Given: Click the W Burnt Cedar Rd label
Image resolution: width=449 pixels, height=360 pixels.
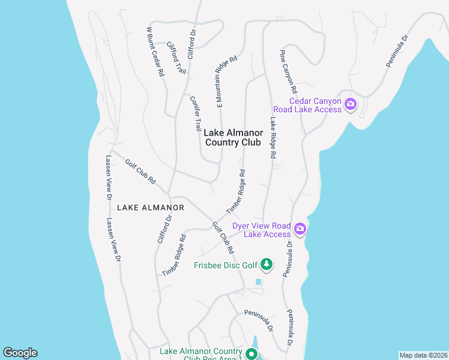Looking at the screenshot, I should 155,51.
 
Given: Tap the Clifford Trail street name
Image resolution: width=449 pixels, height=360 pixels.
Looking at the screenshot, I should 176,58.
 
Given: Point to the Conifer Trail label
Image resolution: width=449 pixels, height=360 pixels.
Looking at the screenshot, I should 195,114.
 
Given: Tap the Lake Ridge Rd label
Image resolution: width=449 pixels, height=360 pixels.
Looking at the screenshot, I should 273,137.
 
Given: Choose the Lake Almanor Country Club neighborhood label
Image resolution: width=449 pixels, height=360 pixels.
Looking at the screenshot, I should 233,137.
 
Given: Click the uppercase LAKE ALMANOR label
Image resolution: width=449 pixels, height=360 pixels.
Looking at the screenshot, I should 150,208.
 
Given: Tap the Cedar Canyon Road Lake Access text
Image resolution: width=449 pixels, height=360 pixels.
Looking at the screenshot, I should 307,105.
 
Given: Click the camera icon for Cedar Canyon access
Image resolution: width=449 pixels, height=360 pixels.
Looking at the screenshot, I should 351,105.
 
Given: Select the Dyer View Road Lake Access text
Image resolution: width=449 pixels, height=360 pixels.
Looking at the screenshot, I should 262,230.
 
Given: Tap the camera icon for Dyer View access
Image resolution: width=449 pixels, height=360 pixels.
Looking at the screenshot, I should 300,229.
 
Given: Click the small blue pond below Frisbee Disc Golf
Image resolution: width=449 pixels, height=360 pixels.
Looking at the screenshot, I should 259,281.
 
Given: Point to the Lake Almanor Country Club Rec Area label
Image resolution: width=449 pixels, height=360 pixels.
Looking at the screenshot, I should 201,355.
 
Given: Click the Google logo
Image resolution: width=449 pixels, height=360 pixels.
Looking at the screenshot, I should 20,353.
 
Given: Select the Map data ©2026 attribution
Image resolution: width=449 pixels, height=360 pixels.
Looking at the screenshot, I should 424,355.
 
